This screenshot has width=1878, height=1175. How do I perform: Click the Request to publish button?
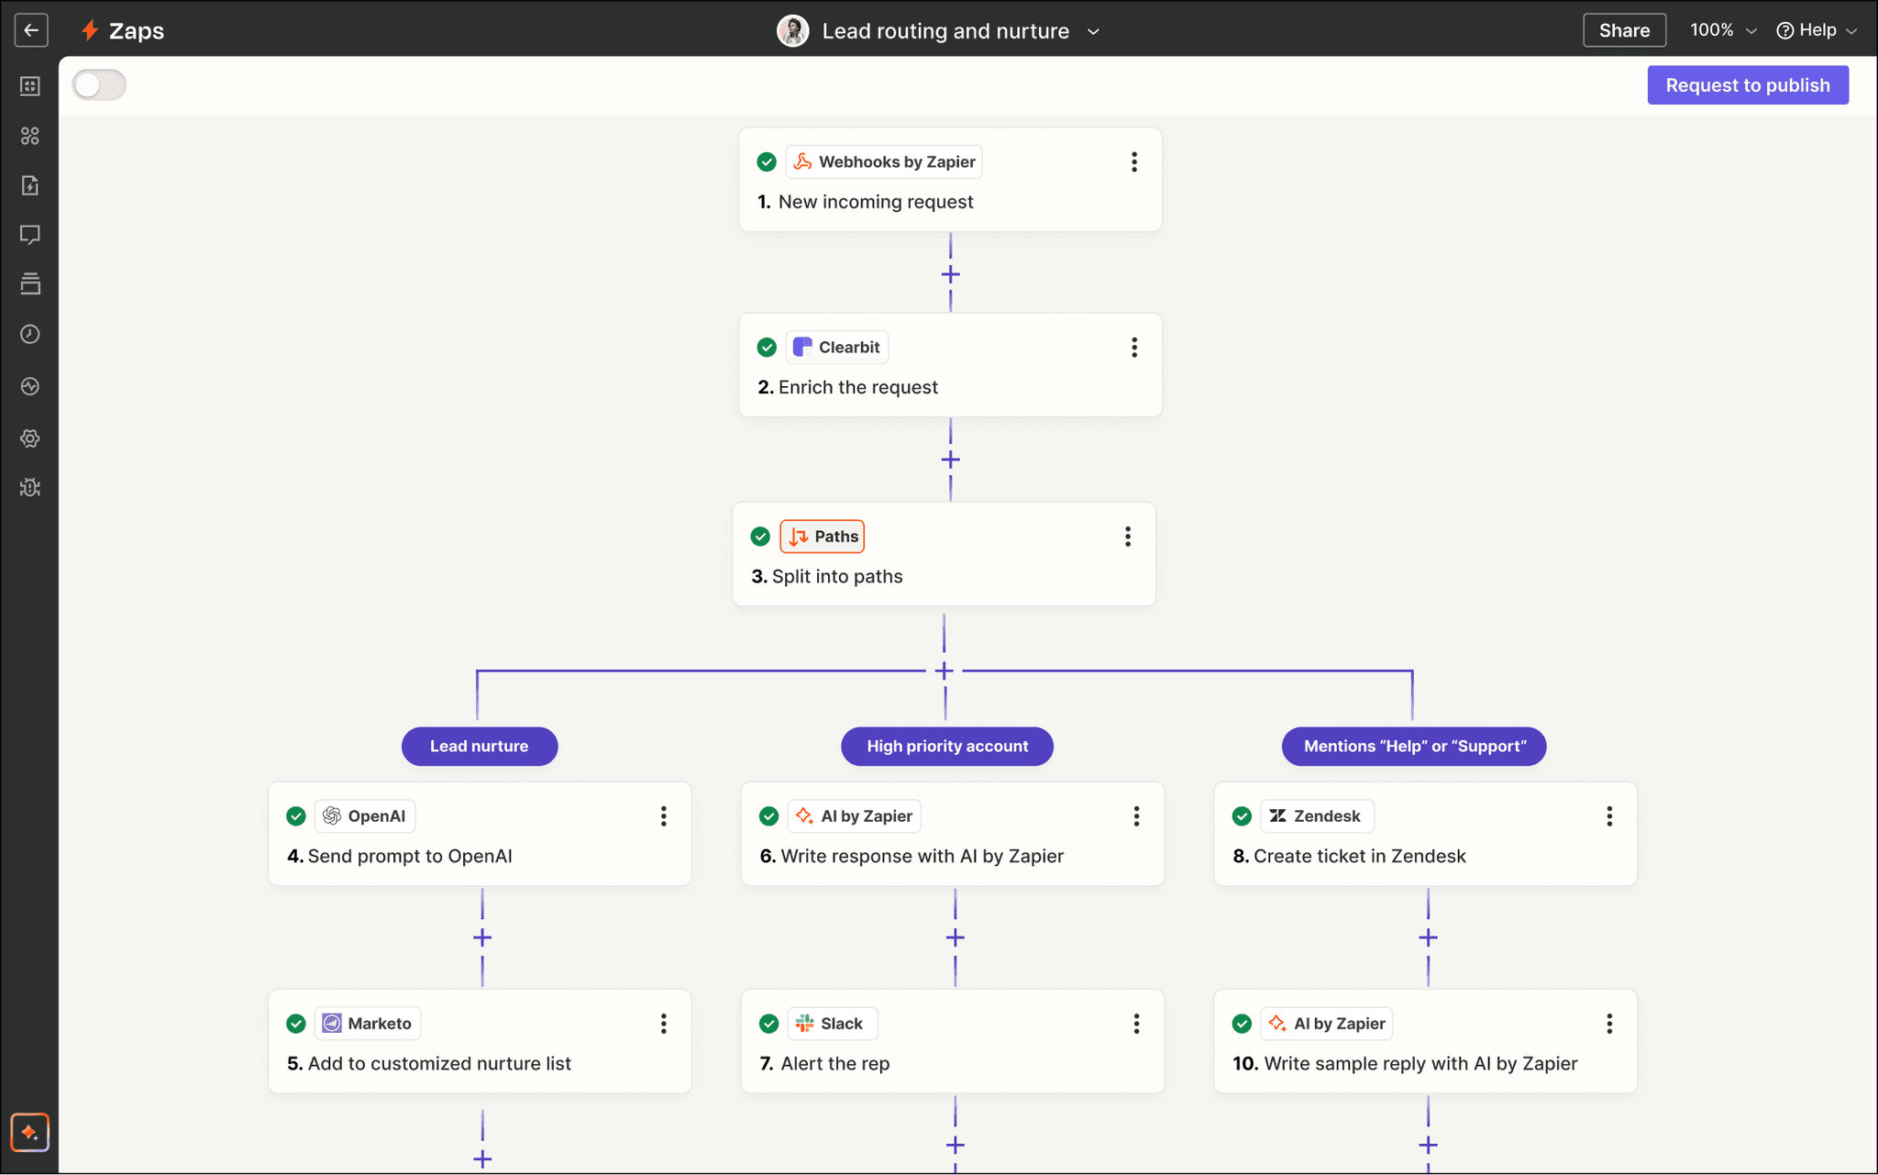[1747, 85]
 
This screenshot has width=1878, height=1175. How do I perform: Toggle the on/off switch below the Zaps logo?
[99, 85]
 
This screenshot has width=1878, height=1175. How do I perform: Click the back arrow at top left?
[31, 30]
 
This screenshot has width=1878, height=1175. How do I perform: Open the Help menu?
[1817, 30]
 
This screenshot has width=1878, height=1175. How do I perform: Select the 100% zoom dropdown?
[1722, 30]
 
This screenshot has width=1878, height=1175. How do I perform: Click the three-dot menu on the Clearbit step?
[1134, 348]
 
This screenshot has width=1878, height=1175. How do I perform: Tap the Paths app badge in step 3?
[823, 537]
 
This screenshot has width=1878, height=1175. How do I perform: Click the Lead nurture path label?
[479, 747]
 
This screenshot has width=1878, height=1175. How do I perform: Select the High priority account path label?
[946, 747]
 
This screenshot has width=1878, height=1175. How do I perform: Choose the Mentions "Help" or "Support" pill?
[1414, 747]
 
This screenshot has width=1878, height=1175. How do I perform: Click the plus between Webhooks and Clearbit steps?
[950, 274]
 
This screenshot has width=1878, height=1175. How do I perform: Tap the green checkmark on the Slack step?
[768, 1024]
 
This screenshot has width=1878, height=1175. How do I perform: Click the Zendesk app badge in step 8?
[1316, 816]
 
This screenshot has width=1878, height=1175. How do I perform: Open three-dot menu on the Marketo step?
[663, 1024]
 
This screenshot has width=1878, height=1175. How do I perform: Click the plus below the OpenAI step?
[482, 937]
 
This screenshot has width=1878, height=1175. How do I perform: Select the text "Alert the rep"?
[834, 1064]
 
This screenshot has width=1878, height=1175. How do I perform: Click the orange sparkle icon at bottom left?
[29, 1132]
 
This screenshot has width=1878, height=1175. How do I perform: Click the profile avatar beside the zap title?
[792, 31]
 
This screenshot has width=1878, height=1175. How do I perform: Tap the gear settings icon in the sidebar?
[30, 438]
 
